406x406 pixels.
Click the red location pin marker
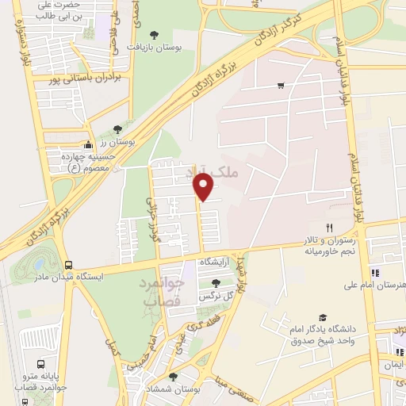pos(205,187)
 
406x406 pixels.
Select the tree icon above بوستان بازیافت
pos(153,34)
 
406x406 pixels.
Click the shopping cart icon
pos(281,85)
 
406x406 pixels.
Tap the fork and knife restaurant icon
pos(274,227)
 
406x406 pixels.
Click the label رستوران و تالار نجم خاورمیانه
pos(320,244)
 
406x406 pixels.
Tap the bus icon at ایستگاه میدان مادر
pos(68,265)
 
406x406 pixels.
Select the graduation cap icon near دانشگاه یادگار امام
pos(322,316)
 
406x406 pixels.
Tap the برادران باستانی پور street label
pos(76,79)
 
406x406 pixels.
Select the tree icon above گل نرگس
pos(215,283)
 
